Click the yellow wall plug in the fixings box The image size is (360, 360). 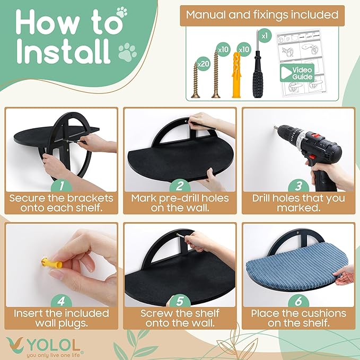click(x=236, y=75)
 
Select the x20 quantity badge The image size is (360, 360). click(x=204, y=64)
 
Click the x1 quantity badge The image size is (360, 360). click(x=265, y=36)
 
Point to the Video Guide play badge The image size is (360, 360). click(x=297, y=73)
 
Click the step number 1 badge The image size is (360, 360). click(x=62, y=186)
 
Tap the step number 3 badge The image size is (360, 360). click(x=298, y=186)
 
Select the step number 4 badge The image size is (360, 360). click(x=62, y=301)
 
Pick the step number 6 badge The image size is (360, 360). click(x=298, y=301)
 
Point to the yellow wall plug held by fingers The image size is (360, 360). click(x=51, y=263)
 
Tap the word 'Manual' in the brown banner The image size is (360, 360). click(x=206, y=15)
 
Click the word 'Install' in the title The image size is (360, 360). click(x=64, y=51)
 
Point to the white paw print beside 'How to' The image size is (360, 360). click(x=122, y=12)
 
